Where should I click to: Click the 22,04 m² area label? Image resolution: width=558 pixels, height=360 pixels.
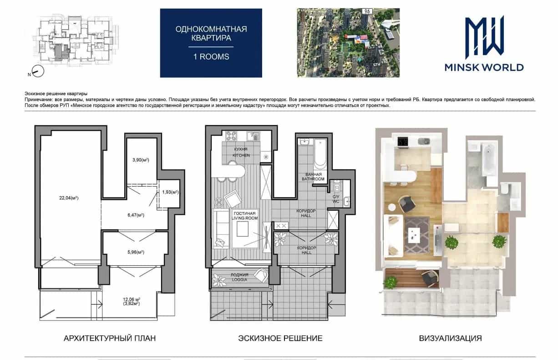point(69,198)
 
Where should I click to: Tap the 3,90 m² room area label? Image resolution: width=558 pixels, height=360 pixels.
point(141,160)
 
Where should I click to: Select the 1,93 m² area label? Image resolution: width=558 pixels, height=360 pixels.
point(170,192)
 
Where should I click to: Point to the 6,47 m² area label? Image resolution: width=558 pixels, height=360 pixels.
point(136,215)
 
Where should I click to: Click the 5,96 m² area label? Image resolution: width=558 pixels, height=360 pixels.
point(136,252)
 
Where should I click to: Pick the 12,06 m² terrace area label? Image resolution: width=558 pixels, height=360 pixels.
point(131,301)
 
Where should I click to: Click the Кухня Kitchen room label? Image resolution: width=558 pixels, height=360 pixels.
point(241,152)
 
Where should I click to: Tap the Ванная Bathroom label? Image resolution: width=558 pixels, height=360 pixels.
point(313,177)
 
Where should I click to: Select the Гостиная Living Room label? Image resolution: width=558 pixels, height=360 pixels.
point(244,216)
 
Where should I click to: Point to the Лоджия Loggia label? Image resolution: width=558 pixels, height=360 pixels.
point(239,277)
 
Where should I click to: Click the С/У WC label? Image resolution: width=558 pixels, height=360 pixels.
point(336,199)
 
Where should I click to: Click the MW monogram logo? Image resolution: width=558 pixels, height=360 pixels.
point(485,35)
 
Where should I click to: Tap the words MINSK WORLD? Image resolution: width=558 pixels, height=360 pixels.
point(484,67)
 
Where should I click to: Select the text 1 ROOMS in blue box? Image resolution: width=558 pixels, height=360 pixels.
point(211,56)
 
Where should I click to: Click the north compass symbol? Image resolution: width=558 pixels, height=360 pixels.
point(38,71)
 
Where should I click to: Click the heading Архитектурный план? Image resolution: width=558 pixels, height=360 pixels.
point(110,338)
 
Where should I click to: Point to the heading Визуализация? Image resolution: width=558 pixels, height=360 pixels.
point(451,338)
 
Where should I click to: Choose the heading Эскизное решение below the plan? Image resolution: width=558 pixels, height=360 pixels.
point(280,338)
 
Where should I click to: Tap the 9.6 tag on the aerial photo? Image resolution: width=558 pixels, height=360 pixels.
point(367,11)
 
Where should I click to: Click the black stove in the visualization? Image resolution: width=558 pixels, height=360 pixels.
point(402,142)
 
